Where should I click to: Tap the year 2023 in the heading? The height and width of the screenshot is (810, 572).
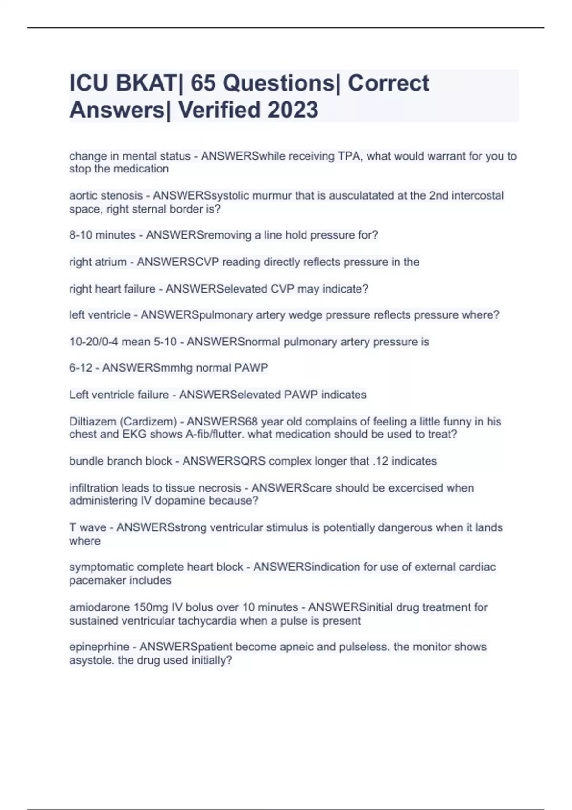[x=292, y=110]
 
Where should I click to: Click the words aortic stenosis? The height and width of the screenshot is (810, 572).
[x=106, y=195]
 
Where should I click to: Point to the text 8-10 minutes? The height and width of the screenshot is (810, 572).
[x=102, y=235]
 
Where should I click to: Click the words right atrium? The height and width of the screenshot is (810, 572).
[x=98, y=262]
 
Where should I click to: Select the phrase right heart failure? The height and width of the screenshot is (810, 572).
[x=112, y=289]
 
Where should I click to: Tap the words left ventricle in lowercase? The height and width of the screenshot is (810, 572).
[x=100, y=315]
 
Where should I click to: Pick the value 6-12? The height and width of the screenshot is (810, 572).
[x=81, y=368]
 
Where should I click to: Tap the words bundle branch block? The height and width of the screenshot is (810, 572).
[x=121, y=461]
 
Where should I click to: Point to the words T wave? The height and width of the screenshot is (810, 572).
[x=88, y=527]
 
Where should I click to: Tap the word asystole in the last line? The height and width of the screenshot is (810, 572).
[x=89, y=660]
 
